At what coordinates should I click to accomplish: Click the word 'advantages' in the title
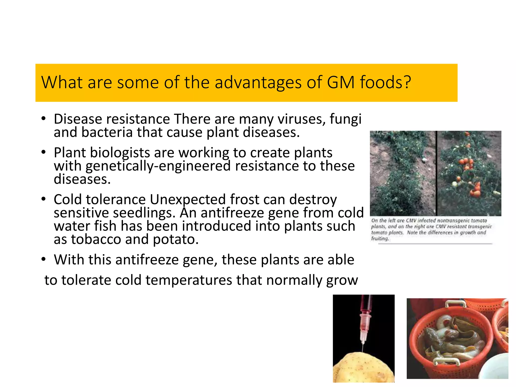click(x=258, y=83)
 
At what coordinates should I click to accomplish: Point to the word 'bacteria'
click(x=107, y=132)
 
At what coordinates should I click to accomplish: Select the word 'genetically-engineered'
click(x=158, y=166)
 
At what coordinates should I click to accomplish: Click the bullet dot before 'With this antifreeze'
click(x=44, y=259)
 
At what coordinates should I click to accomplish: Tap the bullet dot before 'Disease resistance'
click(x=44, y=118)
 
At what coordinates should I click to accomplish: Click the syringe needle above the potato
click(x=363, y=348)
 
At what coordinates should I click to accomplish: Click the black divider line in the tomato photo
click(x=436, y=174)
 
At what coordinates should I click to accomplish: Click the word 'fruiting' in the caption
click(x=380, y=239)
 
